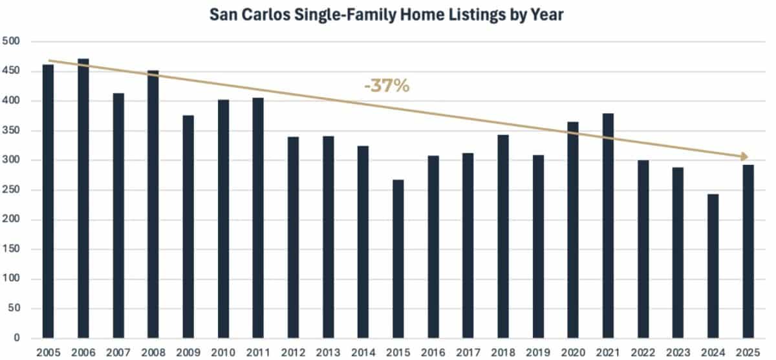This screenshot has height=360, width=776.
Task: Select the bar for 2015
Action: tap(398, 259)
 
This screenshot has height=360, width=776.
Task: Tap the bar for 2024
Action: tap(714, 266)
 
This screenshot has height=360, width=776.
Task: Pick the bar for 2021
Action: tap(609, 226)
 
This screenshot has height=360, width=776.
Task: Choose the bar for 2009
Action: tap(188, 226)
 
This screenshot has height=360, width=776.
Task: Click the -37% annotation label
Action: tap(387, 86)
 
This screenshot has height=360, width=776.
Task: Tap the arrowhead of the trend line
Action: tap(745, 156)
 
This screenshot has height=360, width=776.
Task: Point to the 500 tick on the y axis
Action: tap(12, 41)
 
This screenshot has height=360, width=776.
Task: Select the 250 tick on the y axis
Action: tap(12, 190)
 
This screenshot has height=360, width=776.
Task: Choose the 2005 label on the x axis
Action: tap(48, 353)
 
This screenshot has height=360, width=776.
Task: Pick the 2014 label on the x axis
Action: tap(363, 353)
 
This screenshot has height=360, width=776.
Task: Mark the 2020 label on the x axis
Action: tap(574, 353)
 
